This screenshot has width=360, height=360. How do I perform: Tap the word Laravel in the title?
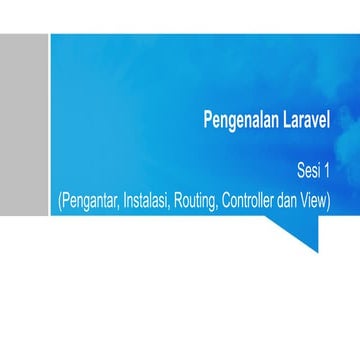[302, 122]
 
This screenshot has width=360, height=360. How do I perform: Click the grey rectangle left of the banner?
[23, 123]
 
